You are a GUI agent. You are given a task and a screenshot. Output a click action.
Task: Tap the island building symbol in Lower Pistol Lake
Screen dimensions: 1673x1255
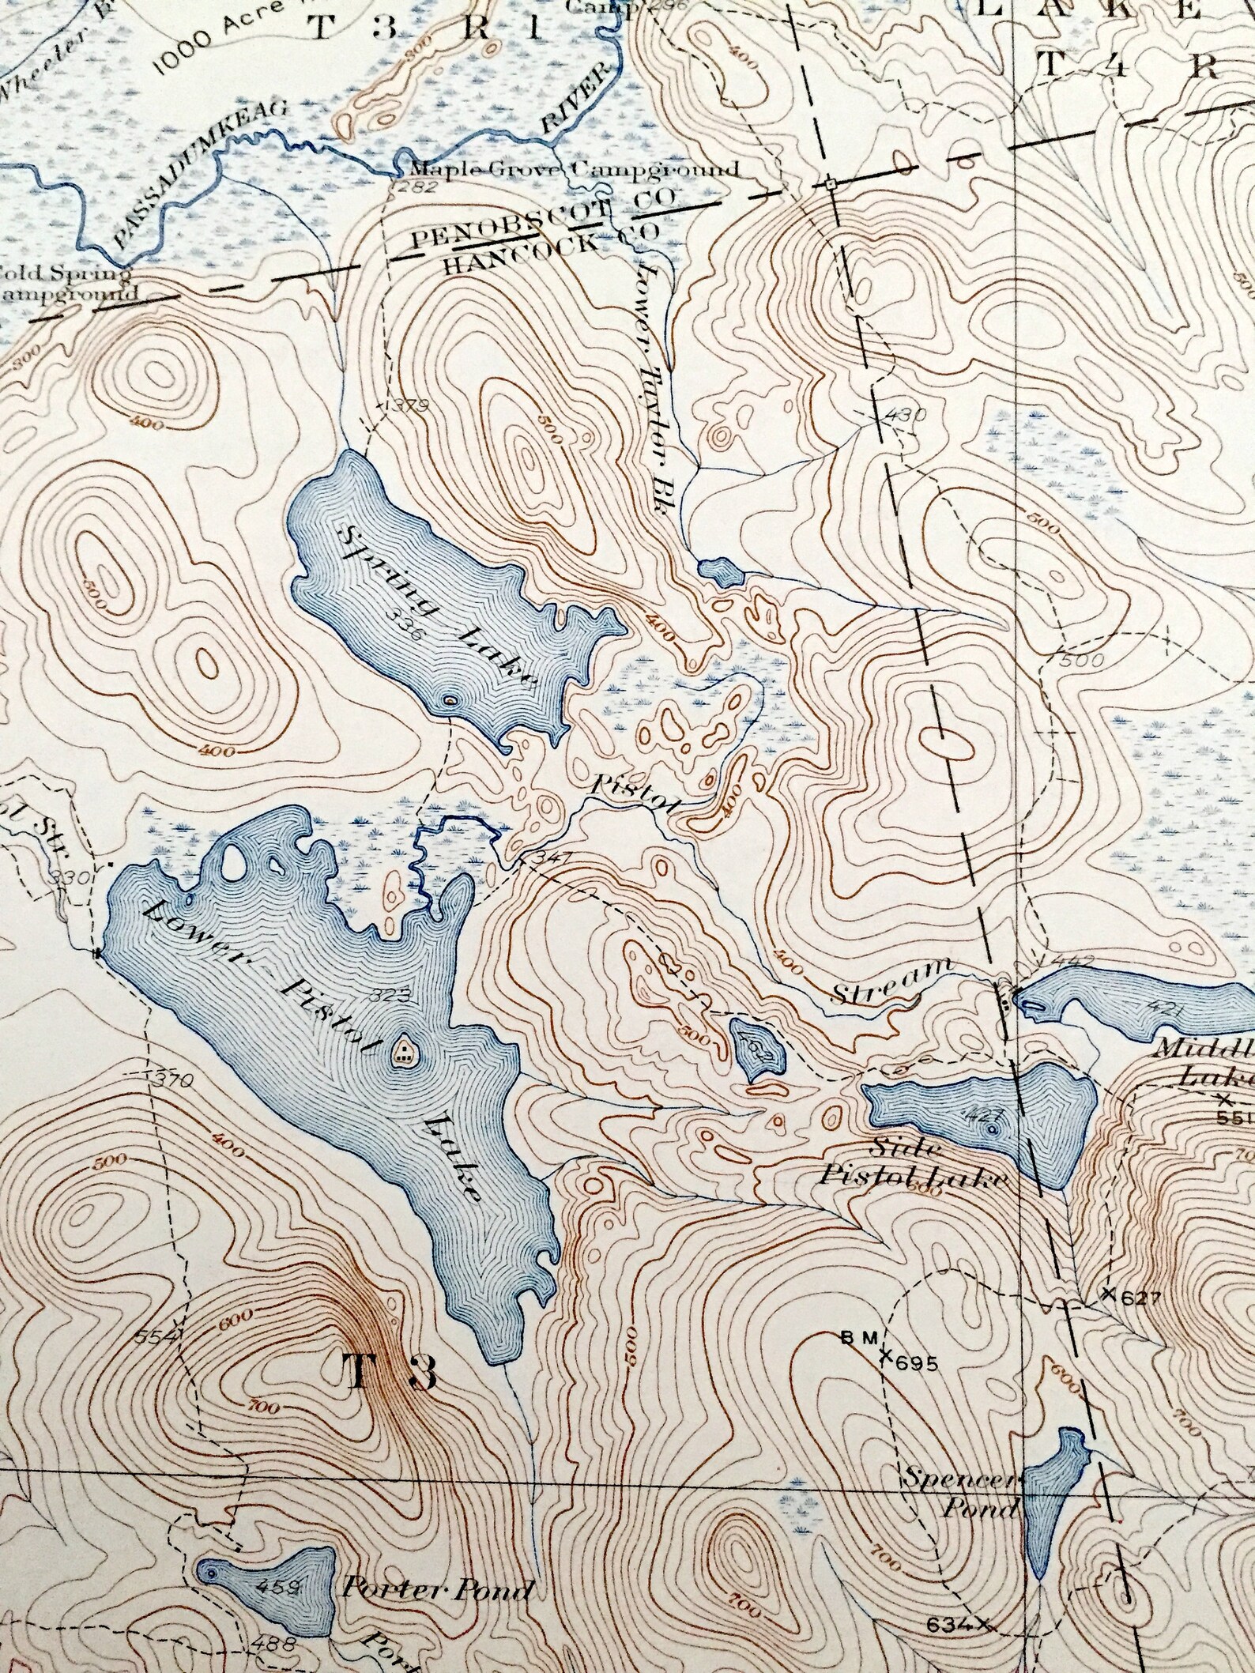coord(404,1051)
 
